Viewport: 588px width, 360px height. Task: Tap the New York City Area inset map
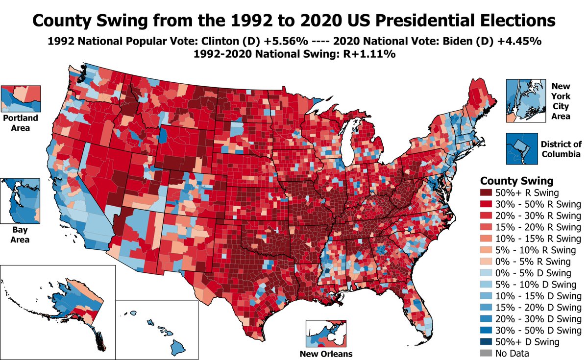click(525, 100)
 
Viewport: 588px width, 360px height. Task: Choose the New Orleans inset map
click(326, 334)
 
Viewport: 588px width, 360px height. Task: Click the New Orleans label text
click(327, 354)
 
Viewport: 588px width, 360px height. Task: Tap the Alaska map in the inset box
click(69, 309)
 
